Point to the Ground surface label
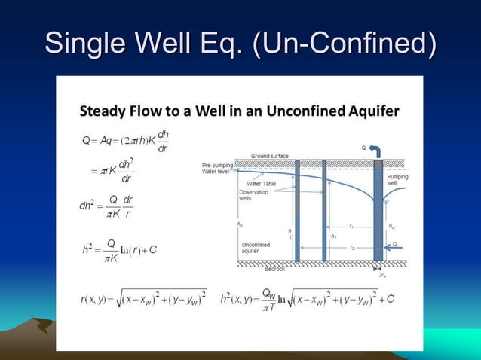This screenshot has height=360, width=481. point(270,156)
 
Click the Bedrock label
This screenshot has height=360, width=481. point(275,268)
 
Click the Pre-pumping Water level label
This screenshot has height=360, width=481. point(219,168)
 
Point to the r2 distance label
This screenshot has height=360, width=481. point(351,246)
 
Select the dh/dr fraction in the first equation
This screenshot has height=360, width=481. point(163,141)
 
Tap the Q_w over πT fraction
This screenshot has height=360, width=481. point(269,299)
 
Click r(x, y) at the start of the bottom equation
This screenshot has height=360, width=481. point(94,299)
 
